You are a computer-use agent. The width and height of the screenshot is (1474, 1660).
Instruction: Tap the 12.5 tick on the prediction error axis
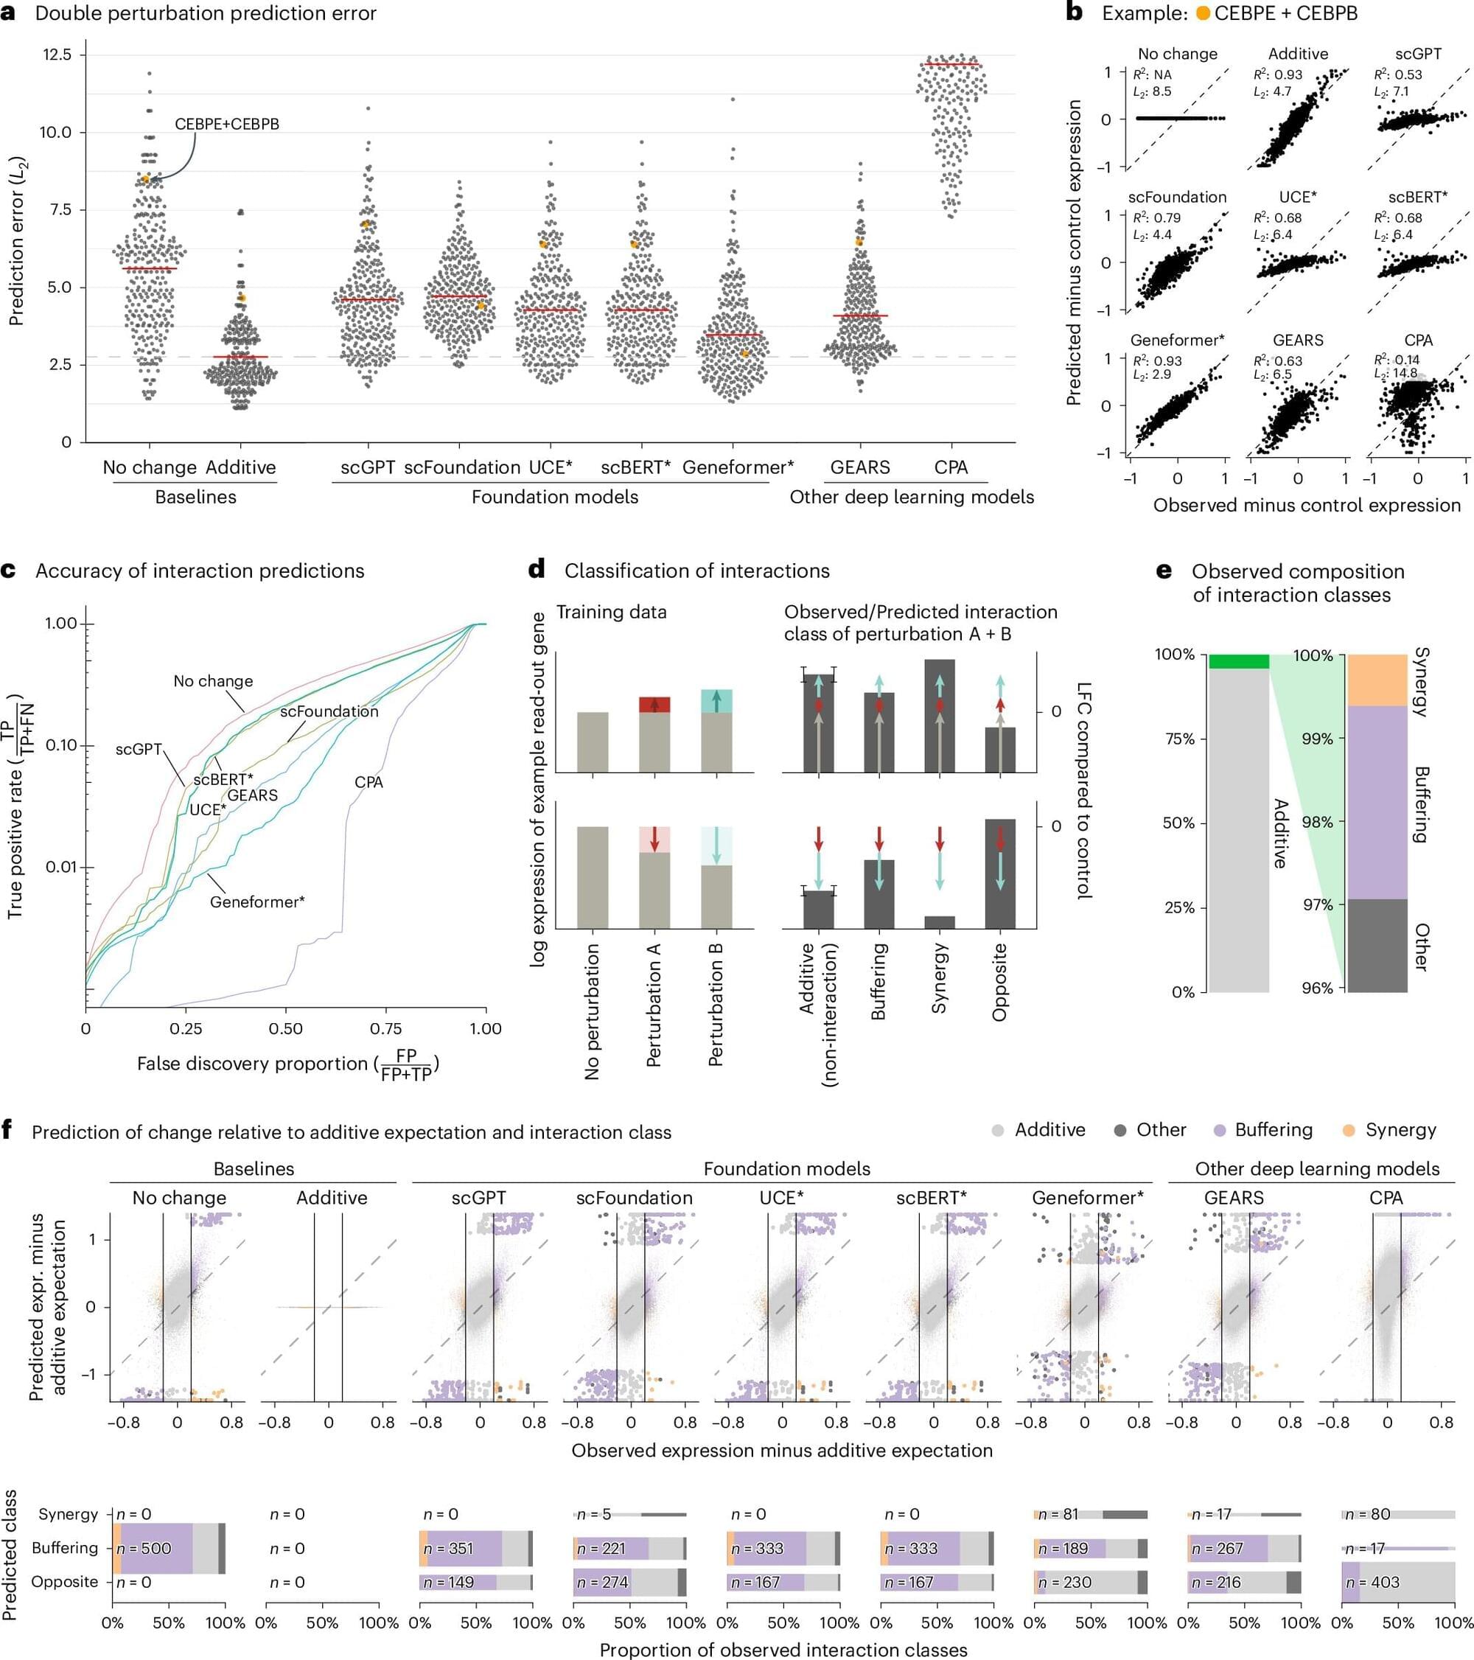click(x=55, y=55)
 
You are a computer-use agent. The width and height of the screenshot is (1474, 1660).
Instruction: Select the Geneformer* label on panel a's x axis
click(x=738, y=468)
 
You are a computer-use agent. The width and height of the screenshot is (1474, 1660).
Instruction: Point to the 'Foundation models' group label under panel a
click(x=555, y=497)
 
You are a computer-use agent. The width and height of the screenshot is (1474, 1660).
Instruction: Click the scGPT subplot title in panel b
click(x=1418, y=54)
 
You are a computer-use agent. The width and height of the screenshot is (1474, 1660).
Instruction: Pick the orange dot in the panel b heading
click(x=1203, y=14)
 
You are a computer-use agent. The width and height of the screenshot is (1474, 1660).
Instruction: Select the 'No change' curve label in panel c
click(x=213, y=681)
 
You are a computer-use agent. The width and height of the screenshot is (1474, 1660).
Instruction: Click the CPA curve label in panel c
click(x=368, y=782)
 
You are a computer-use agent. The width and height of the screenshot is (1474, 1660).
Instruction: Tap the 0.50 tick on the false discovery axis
click(x=285, y=1029)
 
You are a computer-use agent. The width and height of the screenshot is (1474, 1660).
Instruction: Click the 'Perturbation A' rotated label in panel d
click(x=654, y=1005)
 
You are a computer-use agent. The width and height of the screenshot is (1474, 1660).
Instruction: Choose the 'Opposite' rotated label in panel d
click(x=999, y=982)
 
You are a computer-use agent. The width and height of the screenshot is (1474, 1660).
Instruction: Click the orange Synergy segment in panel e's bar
click(x=1377, y=680)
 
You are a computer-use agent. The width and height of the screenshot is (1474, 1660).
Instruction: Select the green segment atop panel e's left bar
click(x=1238, y=661)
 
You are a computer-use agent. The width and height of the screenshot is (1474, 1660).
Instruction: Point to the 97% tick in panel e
click(x=1317, y=904)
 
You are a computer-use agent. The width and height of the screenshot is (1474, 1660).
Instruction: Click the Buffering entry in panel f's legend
click(x=1273, y=1130)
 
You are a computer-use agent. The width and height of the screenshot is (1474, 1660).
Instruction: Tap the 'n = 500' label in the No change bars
click(x=144, y=1548)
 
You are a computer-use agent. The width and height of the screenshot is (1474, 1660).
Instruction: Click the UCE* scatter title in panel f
click(x=781, y=1198)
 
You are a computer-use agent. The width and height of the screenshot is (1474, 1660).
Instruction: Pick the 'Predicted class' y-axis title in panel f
click(x=10, y=1555)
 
